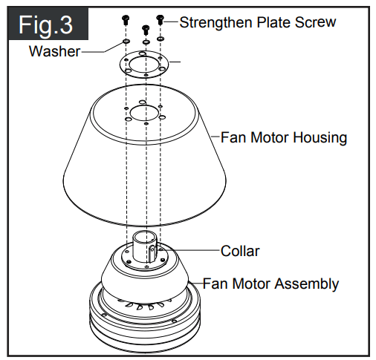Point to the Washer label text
pyautogui.click(x=54, y=51)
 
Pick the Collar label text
pyautogui.click(x=240, y=251)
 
